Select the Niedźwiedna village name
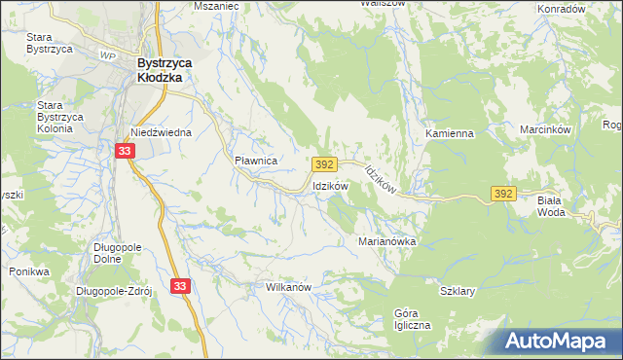(x=162, y=132)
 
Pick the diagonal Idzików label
(x=380, y=181)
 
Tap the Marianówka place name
(x=387, y=240)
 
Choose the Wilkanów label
(x=288, y=288)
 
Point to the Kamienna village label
(x=448, y=132)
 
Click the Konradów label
(x=562, y=8)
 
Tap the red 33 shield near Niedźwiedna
(x=124, y=151)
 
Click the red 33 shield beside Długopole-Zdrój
(x=179, y=285)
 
